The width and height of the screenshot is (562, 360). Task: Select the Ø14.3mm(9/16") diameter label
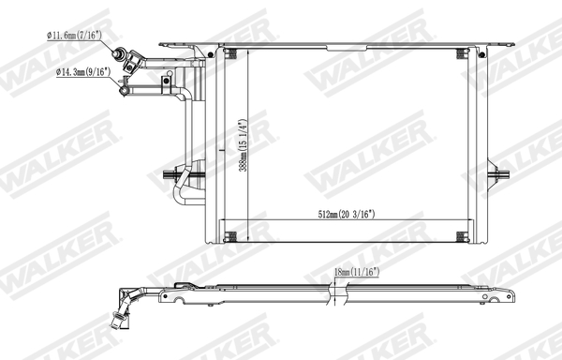pyautogui.click(x=83, y=72)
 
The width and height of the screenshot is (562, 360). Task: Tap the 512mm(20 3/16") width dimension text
pyautogui.click(x=346, y=215)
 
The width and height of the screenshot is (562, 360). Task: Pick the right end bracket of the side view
pyautogui.click(x=511, y=293)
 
